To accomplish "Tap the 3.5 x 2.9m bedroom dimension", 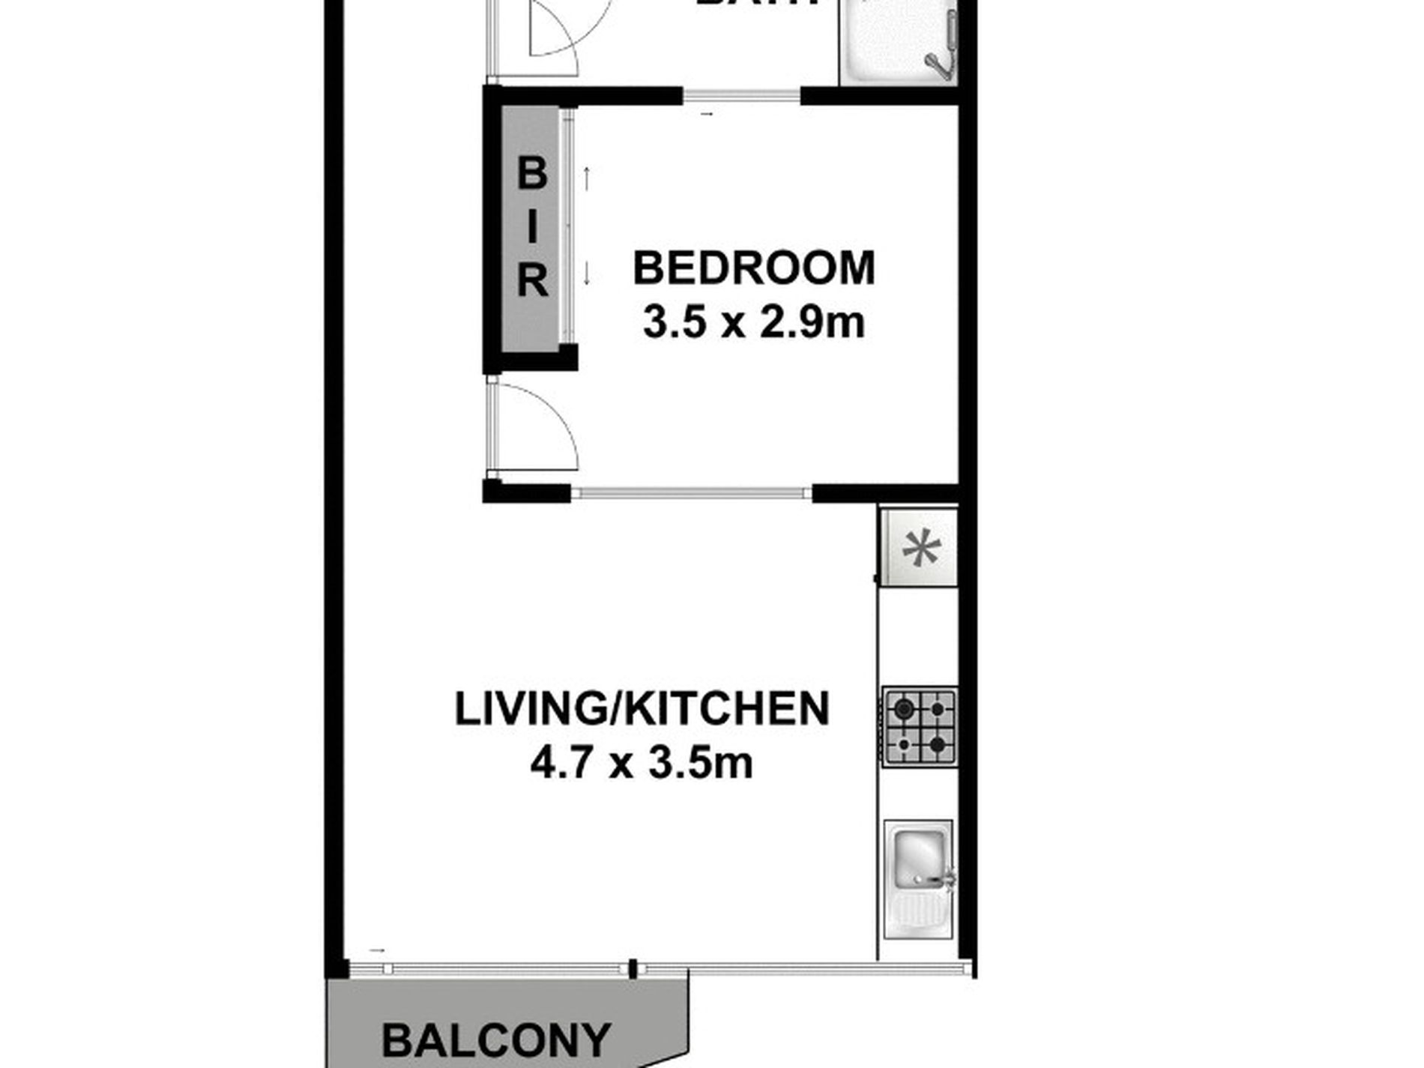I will (x=754, y=324).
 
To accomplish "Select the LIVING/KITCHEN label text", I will (x=642, y=709).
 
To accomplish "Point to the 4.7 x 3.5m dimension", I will (x=642, y=764).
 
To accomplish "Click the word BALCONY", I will (x=496, y=1040).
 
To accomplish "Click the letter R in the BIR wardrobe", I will (x=531, y=283).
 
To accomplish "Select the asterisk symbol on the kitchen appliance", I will (x=920, y=551).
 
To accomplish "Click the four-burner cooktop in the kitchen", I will (x=920, y=727).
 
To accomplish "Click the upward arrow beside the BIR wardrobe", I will (x=588, y=178).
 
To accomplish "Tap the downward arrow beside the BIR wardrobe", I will (x=588, y=273).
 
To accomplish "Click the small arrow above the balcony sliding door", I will (x=377, y=950).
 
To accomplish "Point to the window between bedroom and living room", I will (x=692, y=493).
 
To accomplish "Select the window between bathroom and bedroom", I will (x=742, y=96).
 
